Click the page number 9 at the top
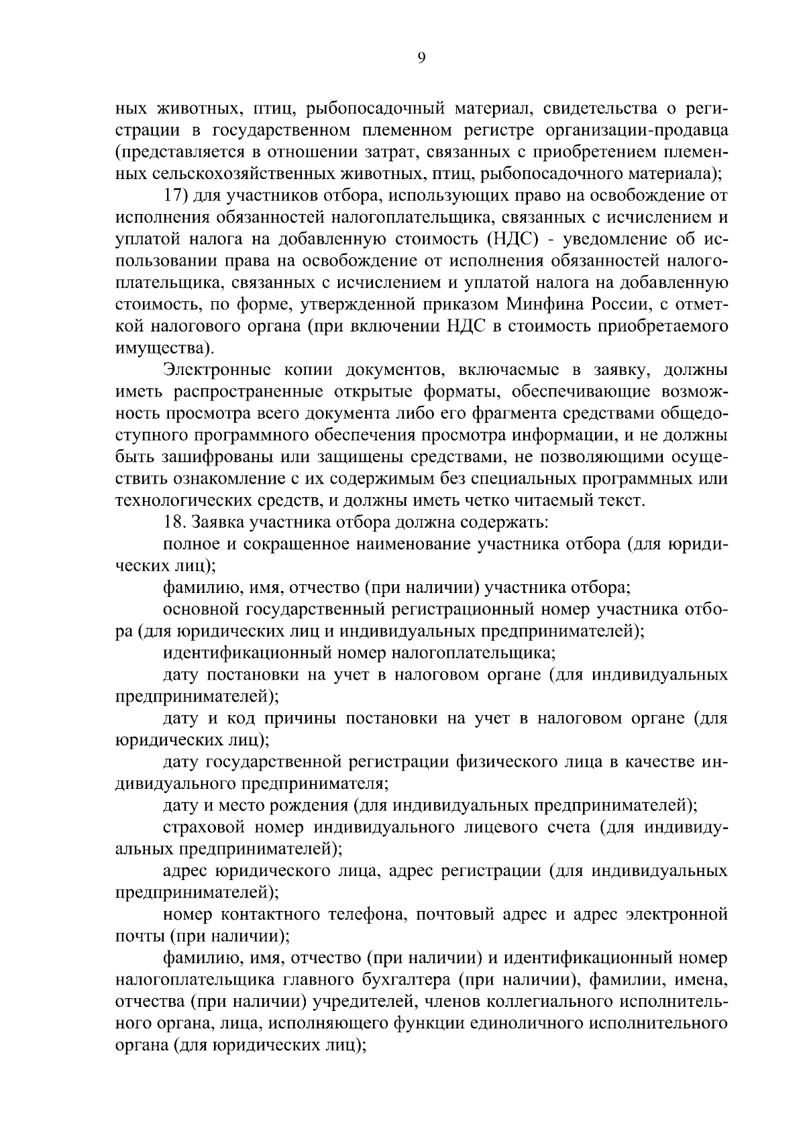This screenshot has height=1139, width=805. coord(421,58)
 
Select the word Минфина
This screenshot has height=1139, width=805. coord(544,305)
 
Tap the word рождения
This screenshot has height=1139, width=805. coord(307,805)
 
